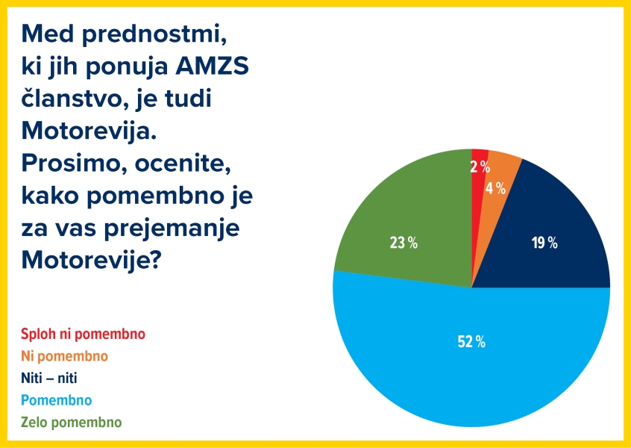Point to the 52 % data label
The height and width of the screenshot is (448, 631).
[x=471, y=342]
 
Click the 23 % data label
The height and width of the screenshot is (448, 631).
[x=404, y=243]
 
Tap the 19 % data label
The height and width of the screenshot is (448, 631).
[x=543, y=243]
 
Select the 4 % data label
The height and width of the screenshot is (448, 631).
[x=495, y=188]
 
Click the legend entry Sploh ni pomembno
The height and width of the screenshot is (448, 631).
[x=83, y=334]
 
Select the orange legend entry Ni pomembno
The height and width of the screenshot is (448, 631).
[x=65, y=355]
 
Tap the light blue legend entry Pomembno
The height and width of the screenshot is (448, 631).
[x=57, y=400]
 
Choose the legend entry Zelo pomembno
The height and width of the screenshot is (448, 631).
[x=72, y=423]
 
